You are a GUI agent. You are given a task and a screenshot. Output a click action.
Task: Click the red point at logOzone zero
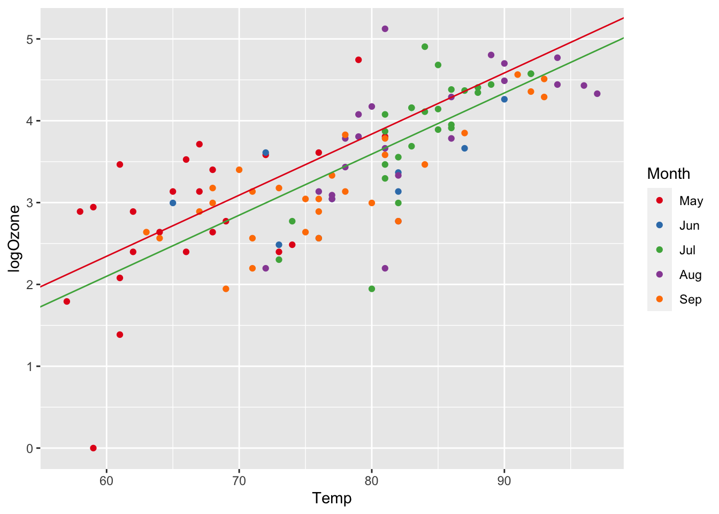pyautogui.click(x=93, y=448)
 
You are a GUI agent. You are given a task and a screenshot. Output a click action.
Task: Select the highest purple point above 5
pyautogui.click(x=385, y=29)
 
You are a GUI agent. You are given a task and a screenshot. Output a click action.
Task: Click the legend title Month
pyautogui.click(x=668, y=173)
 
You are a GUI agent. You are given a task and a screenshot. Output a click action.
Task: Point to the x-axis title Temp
pyautogui.click(x=332, y=498)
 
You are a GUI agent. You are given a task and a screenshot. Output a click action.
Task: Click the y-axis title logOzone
pyautogui.click(x=14, y=239)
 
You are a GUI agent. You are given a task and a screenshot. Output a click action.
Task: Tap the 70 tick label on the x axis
pyautogui.click(x=239, y=480)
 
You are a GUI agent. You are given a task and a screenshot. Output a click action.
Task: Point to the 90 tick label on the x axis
pyautogui.click(x=504, y=480)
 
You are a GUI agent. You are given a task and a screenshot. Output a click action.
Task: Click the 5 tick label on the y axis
pyautogui.click(x=30, y=39)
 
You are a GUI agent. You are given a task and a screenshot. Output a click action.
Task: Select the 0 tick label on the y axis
pyautogui.click(x=30, y=449)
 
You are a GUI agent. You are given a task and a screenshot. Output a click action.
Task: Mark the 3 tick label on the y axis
pyautogui.click(x=30, y=203)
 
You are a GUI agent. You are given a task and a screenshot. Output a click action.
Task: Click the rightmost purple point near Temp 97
pyautogui.click(x=597, y=94)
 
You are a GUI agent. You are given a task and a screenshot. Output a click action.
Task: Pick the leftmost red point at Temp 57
pyautogui.click(x=67, y=301)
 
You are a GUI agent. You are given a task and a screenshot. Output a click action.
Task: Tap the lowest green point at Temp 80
pyautogui.click(x=372, y=289)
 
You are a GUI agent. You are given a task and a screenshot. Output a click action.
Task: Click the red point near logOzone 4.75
pyautogui.click(x=358, y=60)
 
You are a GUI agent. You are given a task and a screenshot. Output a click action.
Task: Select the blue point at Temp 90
pyautogui.click(x=504, y=99)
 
